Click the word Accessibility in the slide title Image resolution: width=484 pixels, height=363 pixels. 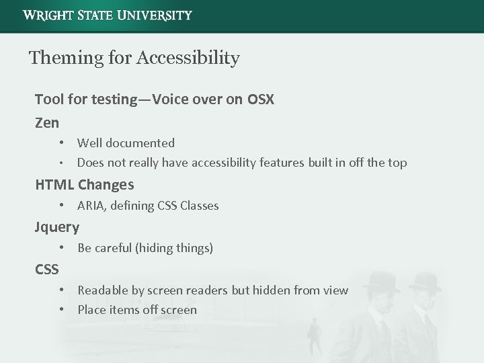(188, 58)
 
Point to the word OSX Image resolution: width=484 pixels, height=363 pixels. (261, 99)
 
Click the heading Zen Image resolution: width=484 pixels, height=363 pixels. (47, 122)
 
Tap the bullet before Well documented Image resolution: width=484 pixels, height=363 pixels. (61, 143)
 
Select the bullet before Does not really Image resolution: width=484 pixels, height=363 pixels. (61, 163)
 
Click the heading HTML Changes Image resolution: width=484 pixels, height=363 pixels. (85, 184)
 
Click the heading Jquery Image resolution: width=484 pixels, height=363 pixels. (57, 227)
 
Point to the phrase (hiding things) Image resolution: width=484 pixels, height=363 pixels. (174, 248)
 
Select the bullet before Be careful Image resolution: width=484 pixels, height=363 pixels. (61, 248)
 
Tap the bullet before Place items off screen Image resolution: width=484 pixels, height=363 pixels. (61, 310)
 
